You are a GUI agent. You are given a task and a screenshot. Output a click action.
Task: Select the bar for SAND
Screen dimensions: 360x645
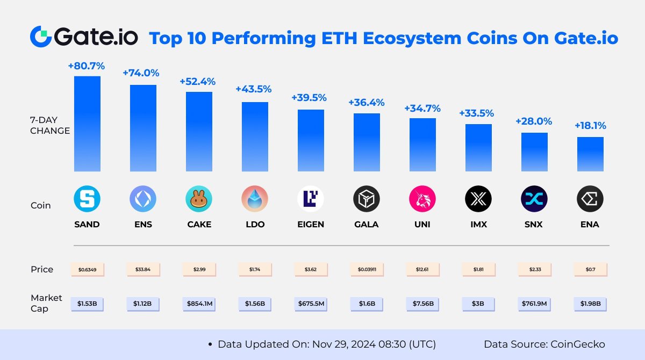coord(87,124)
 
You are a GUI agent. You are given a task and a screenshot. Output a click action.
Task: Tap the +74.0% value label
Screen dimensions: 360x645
coord(141,73)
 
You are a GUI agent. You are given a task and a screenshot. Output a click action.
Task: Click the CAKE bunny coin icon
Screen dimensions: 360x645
coord(199,200)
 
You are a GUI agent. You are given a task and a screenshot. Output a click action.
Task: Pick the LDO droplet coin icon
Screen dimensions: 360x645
coord(255,200)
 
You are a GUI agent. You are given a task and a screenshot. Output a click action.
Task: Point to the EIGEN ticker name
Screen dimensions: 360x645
coord(311,224)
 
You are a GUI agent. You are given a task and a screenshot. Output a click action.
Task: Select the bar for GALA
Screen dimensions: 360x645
coord(367,142)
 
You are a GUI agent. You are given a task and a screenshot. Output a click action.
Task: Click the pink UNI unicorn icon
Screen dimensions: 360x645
coord(422,200)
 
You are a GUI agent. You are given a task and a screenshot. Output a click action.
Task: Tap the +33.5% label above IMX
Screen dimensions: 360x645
coord(477,113)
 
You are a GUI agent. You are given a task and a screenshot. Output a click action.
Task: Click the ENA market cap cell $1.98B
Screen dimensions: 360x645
coord(590,304)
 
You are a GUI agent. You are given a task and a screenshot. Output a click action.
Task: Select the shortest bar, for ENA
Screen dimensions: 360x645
coord(590,154)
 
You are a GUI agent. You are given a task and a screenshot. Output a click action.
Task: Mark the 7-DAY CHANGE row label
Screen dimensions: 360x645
coord(50,125)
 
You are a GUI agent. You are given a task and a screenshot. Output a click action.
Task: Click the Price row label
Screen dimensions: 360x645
coord(42,269)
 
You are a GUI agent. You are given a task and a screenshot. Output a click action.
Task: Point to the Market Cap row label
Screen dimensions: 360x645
coord(46,303)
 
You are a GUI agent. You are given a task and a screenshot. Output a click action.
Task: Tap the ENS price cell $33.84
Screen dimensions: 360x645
coord(143,269)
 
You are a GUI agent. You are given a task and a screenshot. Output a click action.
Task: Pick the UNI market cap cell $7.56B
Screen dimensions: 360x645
coord(422,304)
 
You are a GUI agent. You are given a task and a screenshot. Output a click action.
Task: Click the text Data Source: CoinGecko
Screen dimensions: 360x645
coord(544,344)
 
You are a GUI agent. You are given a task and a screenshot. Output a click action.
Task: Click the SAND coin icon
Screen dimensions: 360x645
coord(87,200)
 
